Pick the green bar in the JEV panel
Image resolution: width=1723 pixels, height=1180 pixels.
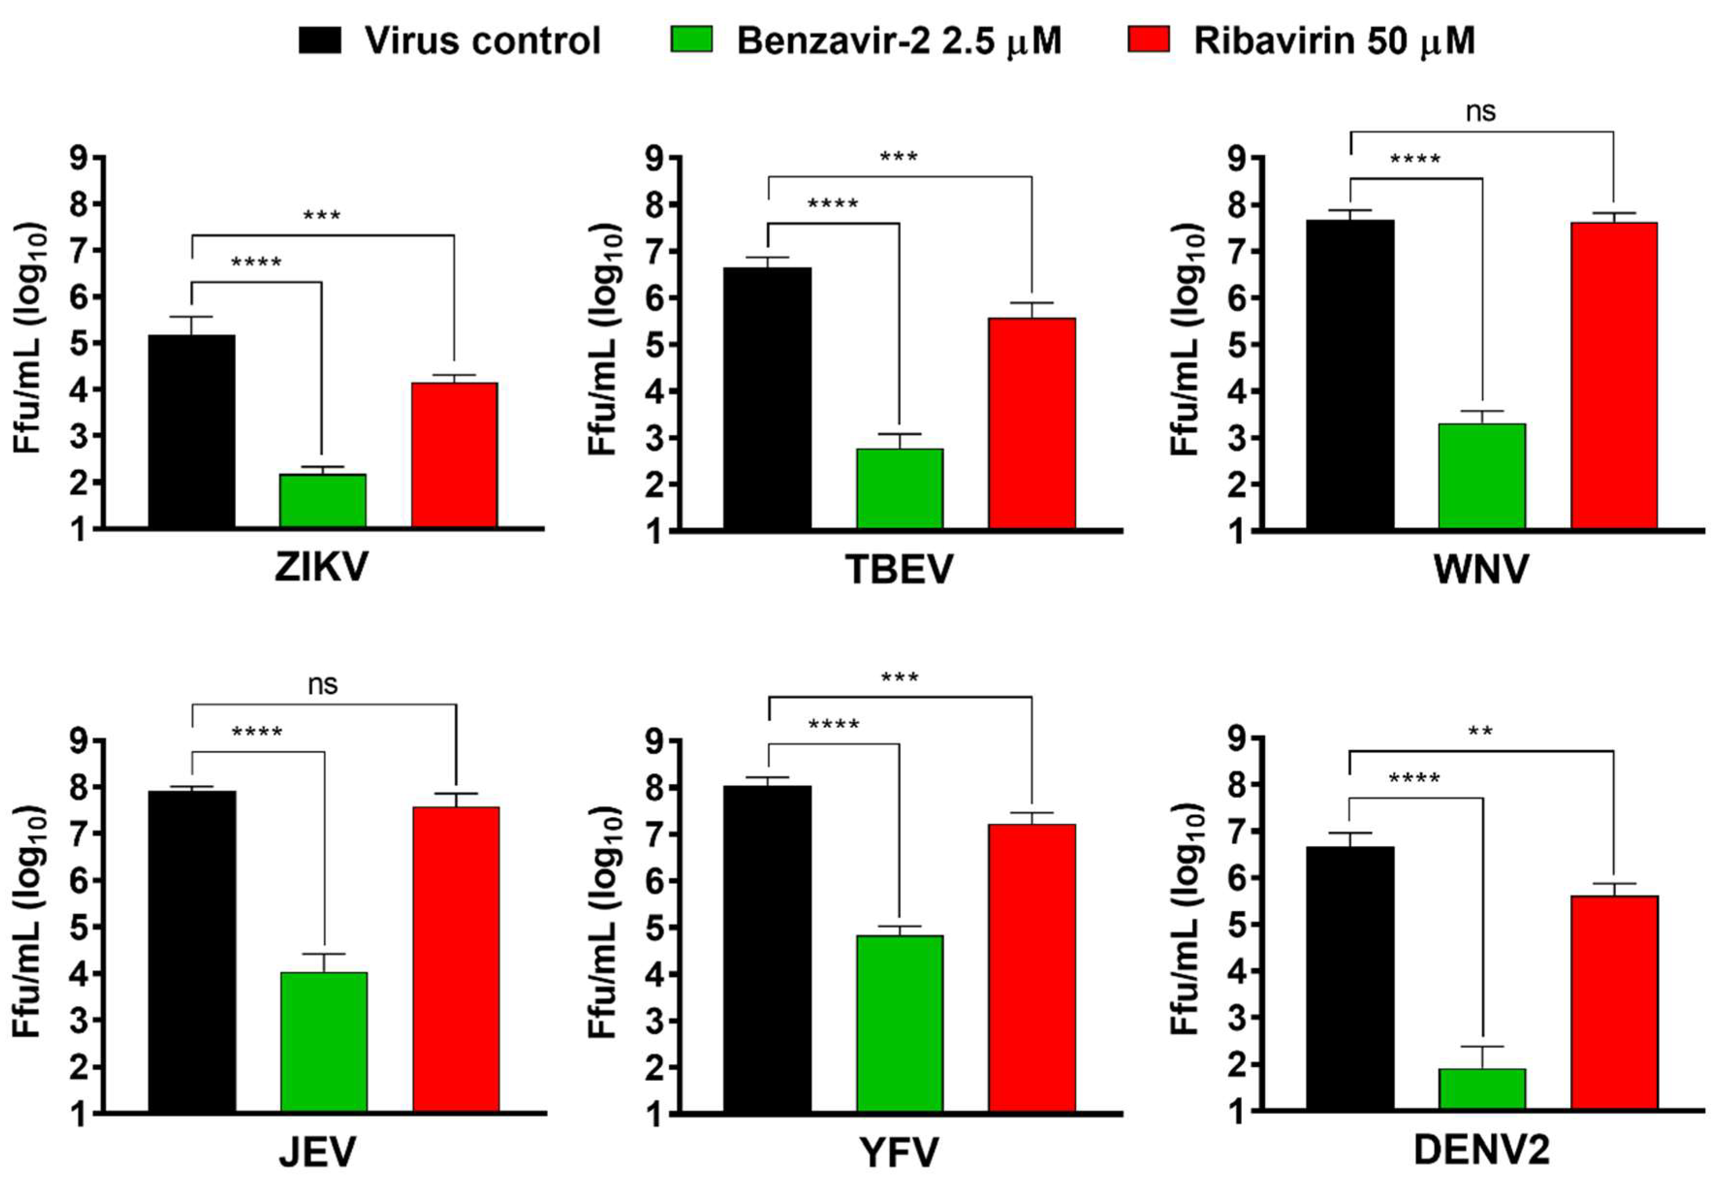point(324,1042)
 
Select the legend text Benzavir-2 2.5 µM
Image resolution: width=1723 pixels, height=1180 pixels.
point(899,41)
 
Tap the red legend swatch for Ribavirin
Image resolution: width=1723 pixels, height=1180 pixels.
point(1148,40)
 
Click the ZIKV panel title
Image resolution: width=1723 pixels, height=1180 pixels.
point(321,568)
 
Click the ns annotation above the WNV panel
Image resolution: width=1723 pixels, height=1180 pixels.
point(1481,112)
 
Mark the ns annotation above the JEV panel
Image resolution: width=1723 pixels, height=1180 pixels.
point(323,684)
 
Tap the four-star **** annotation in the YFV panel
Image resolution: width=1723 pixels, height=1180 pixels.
point(833,724)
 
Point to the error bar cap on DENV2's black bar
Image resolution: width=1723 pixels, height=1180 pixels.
point(1350,833)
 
